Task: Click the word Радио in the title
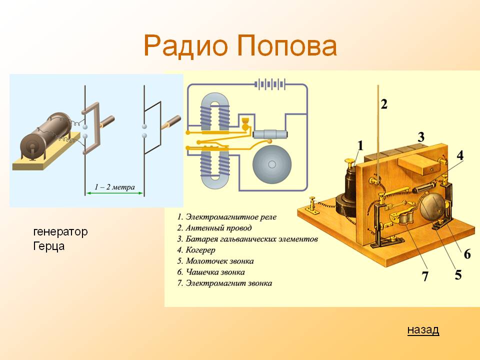(x=186, y=46)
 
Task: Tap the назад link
(x=423, y=329)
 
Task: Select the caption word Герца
(x=48, y=246)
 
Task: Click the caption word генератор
(x=60, y=231)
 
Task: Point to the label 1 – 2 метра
(x=114, y=186)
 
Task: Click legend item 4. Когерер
(x=196, y=250)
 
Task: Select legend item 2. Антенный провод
(x=214, y=228)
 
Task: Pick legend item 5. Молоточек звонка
(x=215, y=261)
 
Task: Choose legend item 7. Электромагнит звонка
(x=224, y=283)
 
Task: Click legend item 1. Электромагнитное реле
(x=226, y=217)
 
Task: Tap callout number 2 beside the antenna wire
(x=384, y=104)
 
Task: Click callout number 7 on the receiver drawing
(x=425, y=276)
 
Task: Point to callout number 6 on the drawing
(x=467, y=254)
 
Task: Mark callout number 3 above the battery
(x=421, y=137)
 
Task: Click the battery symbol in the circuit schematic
(x=270, y=84)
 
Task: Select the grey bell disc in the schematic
(x=272, y=164)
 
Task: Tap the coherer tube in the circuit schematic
(x=270, y=134)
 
